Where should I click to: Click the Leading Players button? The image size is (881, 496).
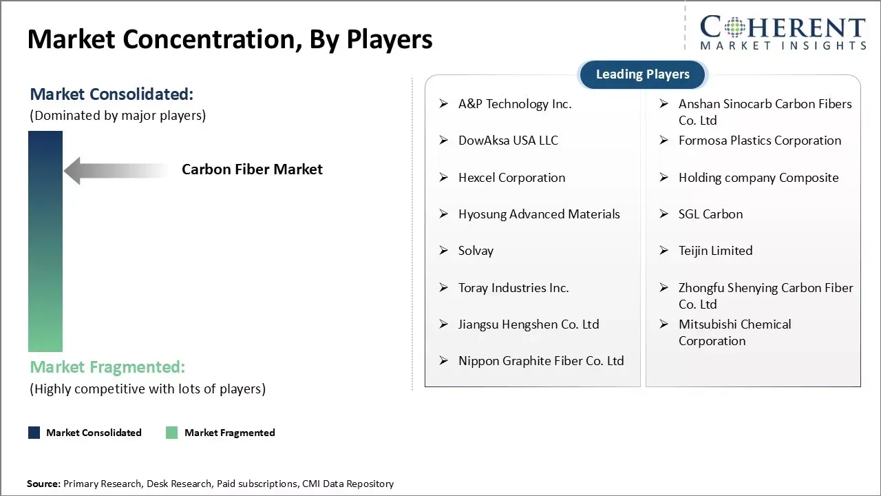point(642,74)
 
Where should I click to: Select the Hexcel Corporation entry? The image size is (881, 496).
point(511,178)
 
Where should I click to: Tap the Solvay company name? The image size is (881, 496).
point(476,251)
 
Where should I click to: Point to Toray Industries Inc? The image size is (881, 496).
point(513,288)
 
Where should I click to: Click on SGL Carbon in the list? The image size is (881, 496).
point(710,214)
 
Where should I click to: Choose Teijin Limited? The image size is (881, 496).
point(715,251)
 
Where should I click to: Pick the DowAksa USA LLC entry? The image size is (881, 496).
point(508,141)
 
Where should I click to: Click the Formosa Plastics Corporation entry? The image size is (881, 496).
point(759,141)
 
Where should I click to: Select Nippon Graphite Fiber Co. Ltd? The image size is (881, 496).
point(541,361)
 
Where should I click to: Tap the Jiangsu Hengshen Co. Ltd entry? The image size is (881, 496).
point(529,324)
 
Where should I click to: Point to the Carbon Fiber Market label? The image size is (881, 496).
point(252,169)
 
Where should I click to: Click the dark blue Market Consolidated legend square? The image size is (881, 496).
point(34,433)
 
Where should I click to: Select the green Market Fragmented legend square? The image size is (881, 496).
point(172,433)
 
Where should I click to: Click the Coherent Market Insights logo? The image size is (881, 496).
point(782,32)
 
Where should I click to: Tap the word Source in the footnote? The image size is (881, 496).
point(43,484)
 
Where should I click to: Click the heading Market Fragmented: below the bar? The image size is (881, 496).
point(107,367)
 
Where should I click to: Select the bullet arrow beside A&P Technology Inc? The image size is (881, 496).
point(444,104)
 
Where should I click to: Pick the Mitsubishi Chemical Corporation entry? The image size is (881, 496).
point(734,332)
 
